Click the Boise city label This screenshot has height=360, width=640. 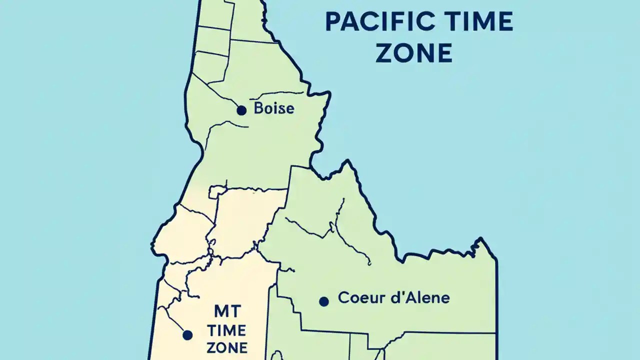click(274, 108)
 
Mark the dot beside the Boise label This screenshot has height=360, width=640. click(241, 110)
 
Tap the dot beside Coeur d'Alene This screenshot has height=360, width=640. click(324, 301)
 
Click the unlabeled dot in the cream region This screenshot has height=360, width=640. click(187, 335)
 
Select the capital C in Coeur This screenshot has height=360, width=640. click(343, 298)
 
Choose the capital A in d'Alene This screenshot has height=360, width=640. click(403, 298)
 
